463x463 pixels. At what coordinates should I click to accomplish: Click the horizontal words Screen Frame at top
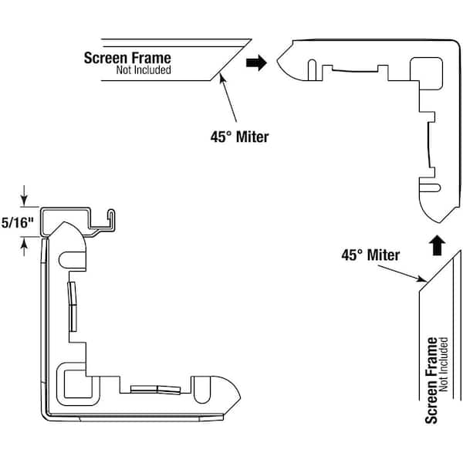127,58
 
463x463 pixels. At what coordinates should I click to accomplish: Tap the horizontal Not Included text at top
144,70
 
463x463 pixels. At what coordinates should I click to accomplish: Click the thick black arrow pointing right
256,63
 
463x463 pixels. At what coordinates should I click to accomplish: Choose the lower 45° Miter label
370,255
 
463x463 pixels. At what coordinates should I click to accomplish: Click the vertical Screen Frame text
431,380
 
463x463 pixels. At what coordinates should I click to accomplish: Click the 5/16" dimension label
18,224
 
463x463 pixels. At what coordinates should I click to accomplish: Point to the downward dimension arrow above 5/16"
25,197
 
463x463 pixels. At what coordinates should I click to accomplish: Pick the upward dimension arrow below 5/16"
25,245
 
